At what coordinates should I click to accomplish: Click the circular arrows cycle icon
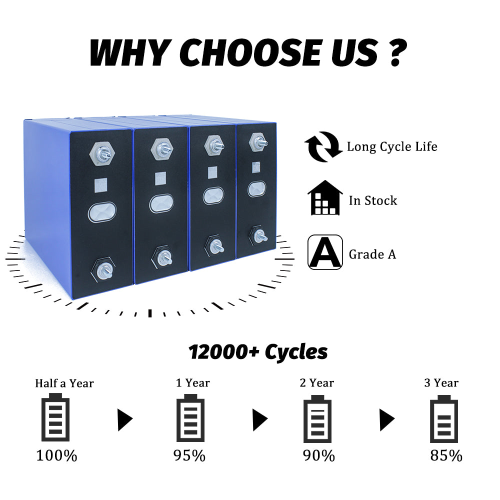click(x=322, y=146)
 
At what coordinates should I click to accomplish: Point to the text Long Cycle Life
click(x=392, y=146)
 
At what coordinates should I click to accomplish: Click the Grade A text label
click(x=372, y=254)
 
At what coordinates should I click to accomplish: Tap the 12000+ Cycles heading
click(x=258, y=352)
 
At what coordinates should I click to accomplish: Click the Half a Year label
click(x=64, y=383)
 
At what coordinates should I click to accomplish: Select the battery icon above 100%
click(x=55, y=417)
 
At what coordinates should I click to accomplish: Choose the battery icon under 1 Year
click(x=191, y=417)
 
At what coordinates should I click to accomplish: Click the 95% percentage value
click(x=189, y=456)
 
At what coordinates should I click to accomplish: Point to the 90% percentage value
click(x=318, y=456)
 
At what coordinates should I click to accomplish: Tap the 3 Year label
click(x=441, y=383)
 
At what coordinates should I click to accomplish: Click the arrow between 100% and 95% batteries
click(x=124, y=419)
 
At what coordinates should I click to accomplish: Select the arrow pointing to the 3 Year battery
click(x=386, y=419)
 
